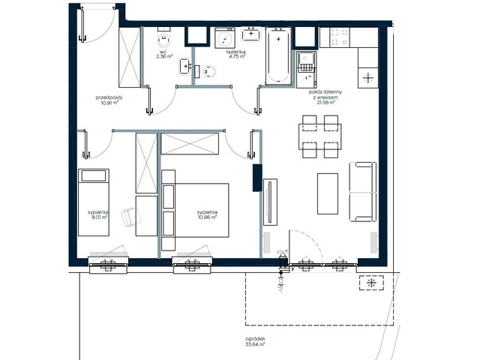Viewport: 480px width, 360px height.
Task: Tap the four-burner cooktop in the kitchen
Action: (335, 38)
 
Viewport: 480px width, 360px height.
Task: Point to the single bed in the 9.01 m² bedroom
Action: (94, 202)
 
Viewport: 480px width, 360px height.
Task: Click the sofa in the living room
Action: (364, 187)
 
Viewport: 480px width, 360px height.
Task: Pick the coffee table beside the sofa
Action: (328, 193)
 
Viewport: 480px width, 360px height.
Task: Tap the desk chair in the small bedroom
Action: (129, 216)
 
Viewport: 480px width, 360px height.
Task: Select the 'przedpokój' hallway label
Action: (109, 100)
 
